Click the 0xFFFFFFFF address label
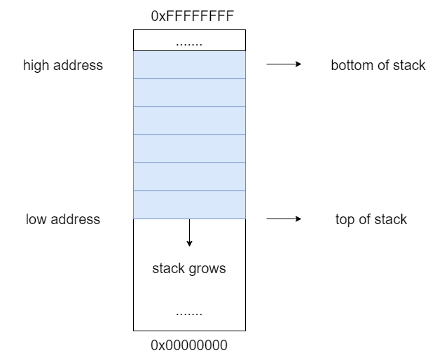pyautogui.click(x=192, y=16)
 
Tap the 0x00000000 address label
pyautogui.click(x=189, y=345)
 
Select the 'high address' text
pyautogui.click(x=63, y=65)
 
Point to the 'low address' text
pyautogui.click(x=63, y=219)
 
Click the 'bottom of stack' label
pyautogui.click(x=378, y=65)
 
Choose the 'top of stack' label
pyautogui.click(x=371, y=220)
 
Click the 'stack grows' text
pyautogui.click(x=189, y=269)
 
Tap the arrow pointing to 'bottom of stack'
pyautogui.click(x=284, y=64)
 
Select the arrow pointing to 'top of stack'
pyautogui.click(x=284, y=219)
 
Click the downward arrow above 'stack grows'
pyautogui.click(x=189, y=233)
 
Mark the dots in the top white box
pyautogui.click(x=189, y=44)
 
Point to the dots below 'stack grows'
pyautogui.click(x=189, y=314)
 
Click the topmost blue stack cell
pyautogui.click(x=189, y=65)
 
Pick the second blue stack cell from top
pyautogui.click(x=189, y=92)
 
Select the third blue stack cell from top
pyautogui.click(x=189, y=120)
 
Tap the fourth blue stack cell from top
pyautogui.click(x=189, y=149)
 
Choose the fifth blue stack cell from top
pyautogui.click(x=189, y=176)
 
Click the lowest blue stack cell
pyautogui.click(x=189, y=205)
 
